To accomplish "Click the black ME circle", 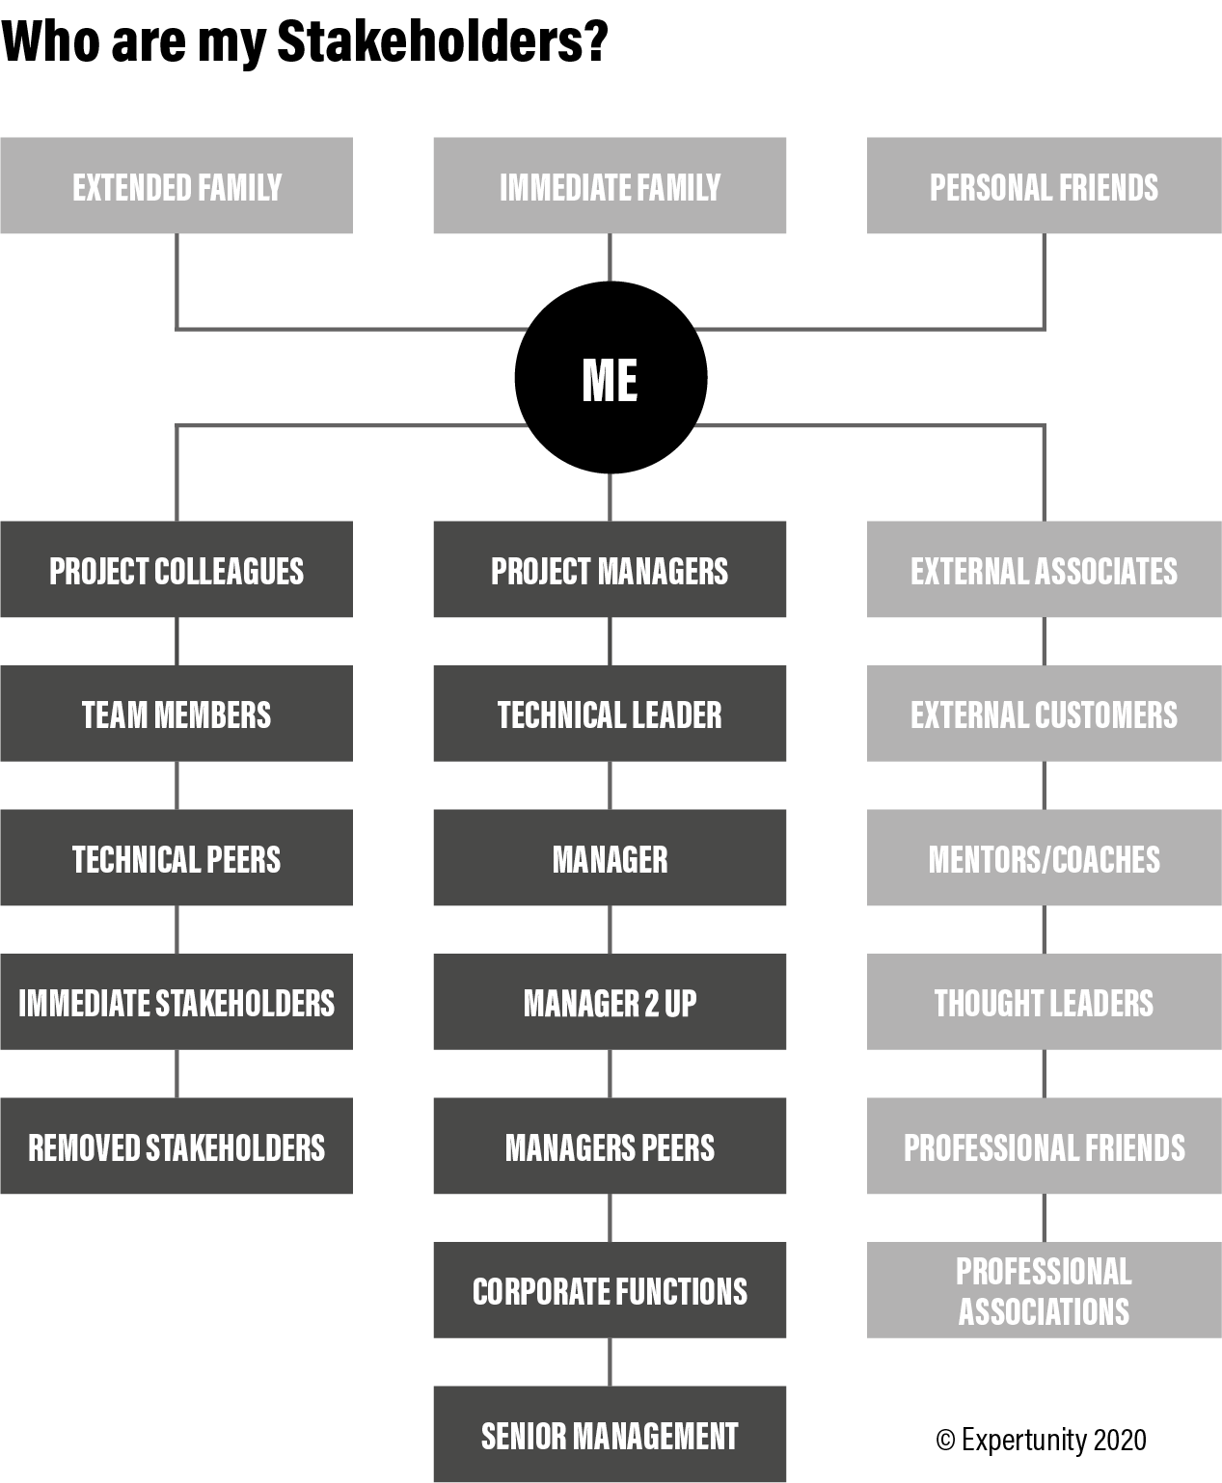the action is [611, 377].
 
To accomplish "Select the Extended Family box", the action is [177, 185].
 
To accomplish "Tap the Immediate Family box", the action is [610, 185].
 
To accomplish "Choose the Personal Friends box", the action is [1044, 185].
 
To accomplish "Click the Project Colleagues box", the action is [177, 569].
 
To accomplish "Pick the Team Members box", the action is [177, 714].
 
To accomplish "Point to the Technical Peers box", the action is [177, 857].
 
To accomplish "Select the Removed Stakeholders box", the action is [177, 1146].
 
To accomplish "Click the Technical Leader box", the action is [610, 714].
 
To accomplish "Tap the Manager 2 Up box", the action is [610, 1002].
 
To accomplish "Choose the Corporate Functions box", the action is [610, 1290].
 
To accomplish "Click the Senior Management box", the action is [610, 1434].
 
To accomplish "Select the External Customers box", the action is [1044, 714].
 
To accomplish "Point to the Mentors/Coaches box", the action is [1044, 857].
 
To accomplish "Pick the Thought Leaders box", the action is [1044, 1002].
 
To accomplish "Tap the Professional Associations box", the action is [1044, 1290].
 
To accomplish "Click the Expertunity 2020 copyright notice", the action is [1041, 1440].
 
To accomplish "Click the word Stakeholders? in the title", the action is [442, 41].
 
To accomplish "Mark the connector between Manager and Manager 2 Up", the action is [610, 930].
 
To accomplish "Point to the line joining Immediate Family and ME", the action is [610, 257].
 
